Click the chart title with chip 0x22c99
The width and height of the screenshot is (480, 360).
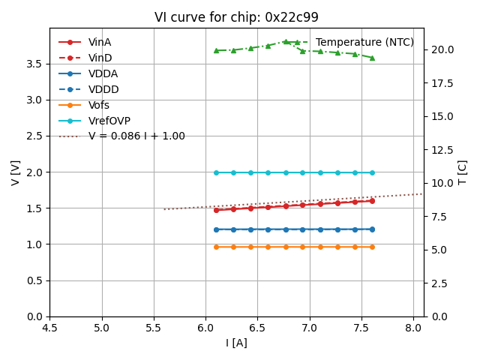click(x=236, y=17)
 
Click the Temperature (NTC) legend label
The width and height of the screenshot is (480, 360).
click(x=364, y=43)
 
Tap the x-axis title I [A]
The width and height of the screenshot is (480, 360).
click(x=236, y=343)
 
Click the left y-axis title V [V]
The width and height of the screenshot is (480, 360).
click(x=16, y=172)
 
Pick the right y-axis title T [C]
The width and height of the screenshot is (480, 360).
click(x=462, y=172)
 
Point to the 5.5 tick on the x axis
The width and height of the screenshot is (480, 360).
click(x=154, y=327)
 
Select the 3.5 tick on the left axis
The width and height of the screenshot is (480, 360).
click(x=34, y=64)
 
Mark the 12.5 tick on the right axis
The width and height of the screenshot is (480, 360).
click(x=442, y=150)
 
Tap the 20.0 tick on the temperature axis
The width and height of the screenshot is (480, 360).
click(x=442, y=49)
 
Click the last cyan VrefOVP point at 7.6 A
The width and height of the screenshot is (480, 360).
click(x=372, y=172)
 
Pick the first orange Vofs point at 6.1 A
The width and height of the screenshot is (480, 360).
click(x=216, y=247)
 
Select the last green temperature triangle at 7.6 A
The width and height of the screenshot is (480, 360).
click(x=372, y=58)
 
